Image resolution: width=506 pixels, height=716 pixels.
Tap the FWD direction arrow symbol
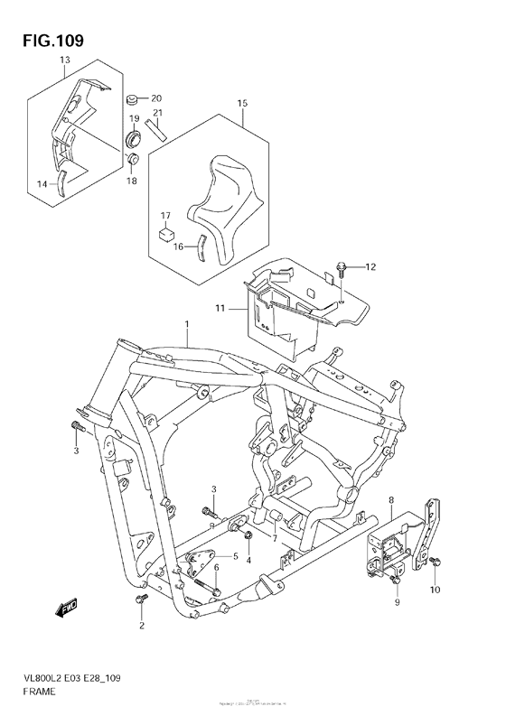69,609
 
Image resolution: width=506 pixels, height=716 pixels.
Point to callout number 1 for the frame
186,323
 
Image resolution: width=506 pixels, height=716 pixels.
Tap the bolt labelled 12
342,266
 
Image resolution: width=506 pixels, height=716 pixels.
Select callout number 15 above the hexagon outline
242,104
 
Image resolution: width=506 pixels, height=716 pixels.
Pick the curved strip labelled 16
203,245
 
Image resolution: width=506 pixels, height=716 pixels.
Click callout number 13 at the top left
64,60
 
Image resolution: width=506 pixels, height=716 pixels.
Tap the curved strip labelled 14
61,185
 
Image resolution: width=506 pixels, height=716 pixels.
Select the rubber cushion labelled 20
133,98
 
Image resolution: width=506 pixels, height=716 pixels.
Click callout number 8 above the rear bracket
391,499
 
